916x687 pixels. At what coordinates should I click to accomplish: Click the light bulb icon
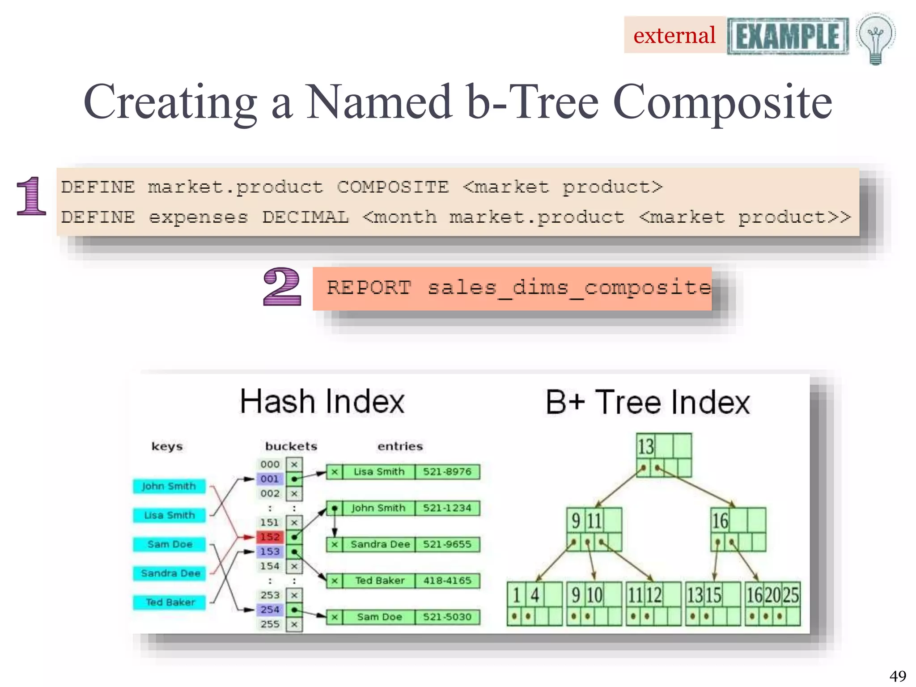tap(875, 38)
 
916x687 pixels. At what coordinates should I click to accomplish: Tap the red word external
tap(674, 35)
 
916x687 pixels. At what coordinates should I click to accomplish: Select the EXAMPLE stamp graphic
tap(788, 36)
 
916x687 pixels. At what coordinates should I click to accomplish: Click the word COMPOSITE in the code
tap(393, 187)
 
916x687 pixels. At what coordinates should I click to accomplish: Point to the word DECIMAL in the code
tap(305, 217)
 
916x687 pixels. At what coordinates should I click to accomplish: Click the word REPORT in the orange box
tap(369, 288)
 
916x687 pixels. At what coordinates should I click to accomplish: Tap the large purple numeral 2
tap(282, 287)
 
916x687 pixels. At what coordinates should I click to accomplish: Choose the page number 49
tap(898, 675)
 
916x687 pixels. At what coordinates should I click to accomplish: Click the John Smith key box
tap(169, 486)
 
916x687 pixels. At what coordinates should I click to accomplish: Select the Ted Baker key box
tap(170, 602)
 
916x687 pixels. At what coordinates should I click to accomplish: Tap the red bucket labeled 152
tap(270, 537)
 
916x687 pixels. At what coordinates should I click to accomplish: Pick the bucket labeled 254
tap(270, 610)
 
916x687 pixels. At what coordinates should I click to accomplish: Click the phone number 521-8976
tap(447, 472)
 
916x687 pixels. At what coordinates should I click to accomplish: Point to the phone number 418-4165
tap(447, 581)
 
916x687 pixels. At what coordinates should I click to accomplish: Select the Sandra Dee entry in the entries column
tap(380, 544)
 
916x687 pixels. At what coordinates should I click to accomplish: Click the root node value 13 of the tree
tap(645, 446)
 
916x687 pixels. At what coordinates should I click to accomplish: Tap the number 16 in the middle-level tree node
tap(720, 521)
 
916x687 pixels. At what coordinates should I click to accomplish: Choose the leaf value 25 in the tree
tap(791, 595)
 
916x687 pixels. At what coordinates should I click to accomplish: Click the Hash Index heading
tap(322, 401)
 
